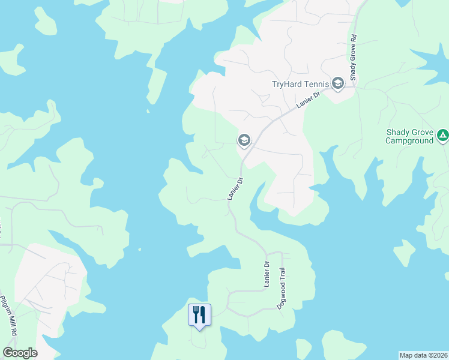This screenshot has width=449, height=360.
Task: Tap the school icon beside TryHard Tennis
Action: point(338,83)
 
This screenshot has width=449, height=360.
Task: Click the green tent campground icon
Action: point(442,135)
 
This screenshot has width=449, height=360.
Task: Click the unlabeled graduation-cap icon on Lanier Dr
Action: point(244,141)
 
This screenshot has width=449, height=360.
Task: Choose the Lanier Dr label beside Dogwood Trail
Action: point(267,274)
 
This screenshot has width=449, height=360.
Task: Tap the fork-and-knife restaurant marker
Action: point(200,314)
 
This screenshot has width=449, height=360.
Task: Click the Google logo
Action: point(20,353)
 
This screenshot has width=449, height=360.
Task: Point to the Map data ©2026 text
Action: point(423,355)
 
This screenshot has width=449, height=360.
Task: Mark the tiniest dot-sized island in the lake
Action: point(139,250)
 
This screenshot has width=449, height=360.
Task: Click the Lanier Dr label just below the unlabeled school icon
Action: point(235,188)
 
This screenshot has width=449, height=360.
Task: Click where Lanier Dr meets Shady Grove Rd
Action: point(354,86)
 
